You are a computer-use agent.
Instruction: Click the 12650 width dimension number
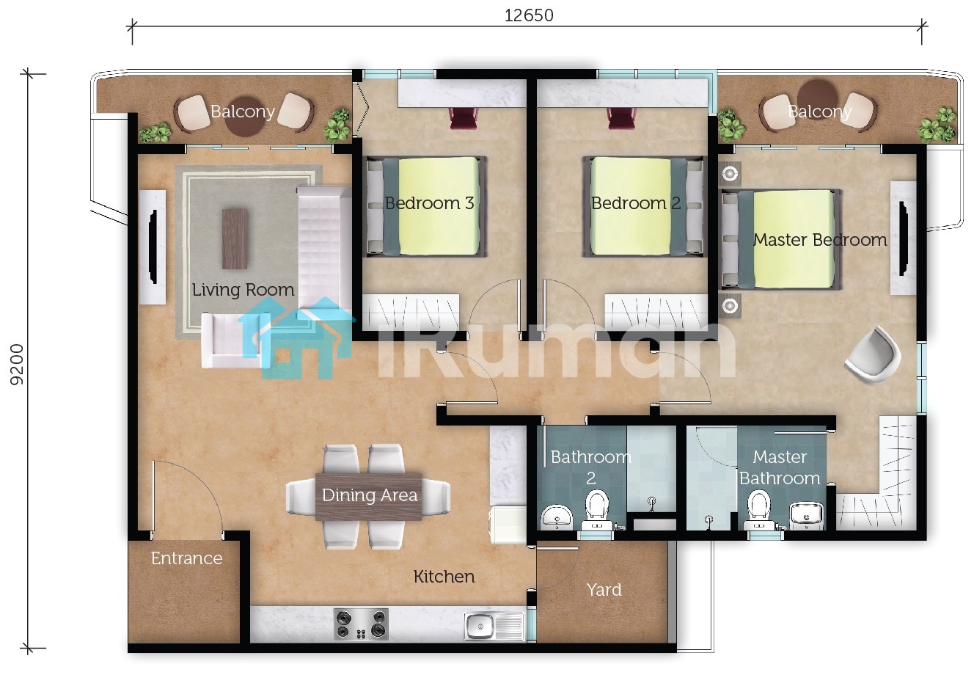pos(529,15)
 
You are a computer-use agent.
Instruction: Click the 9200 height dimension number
pos(17,365)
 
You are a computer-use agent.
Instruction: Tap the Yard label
pos(604,590)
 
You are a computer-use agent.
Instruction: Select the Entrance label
pos(186,558)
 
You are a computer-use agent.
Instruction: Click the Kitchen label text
pos(444,577)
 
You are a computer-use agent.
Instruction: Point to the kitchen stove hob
pos(361,624)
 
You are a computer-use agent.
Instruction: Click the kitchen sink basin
pos(480,627)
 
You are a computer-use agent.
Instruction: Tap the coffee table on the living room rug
pos(235,238)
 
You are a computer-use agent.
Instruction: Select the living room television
pos(153,247)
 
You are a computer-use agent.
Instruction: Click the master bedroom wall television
pos(903,238)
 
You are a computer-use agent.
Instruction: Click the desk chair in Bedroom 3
pos(464,118)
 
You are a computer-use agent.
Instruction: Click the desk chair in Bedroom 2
pos(622,118)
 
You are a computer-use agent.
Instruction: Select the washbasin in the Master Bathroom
pos(806,516)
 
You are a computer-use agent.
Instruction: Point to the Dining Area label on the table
pos(370,495)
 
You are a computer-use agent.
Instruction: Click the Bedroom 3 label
pos(429,203)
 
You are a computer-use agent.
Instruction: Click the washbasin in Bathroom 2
pos(557,517)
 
